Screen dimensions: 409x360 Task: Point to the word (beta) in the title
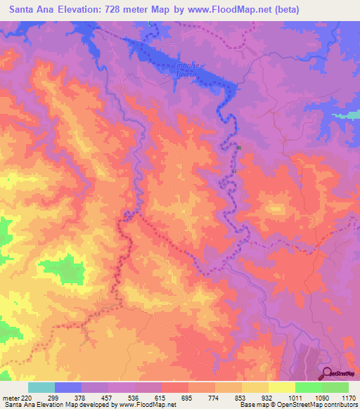pos(288,10)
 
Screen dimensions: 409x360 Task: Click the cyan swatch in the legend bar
pos(41,387)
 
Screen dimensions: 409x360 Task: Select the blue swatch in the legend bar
pos(68,387)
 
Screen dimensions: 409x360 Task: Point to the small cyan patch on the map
pos(345,115)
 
